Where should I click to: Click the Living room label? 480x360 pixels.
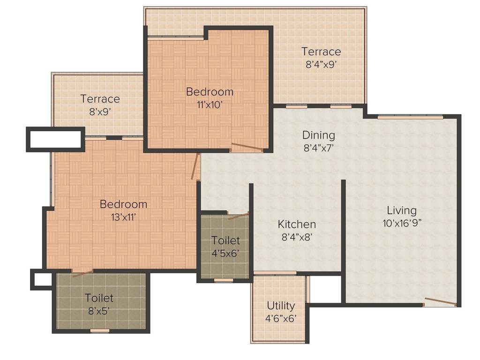[401, 210]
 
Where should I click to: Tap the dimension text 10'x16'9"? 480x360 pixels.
[402, 223]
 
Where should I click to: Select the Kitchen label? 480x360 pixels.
[296, 224]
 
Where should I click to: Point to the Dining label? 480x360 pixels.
[318, 135]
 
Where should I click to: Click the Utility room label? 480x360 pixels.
[281, 306]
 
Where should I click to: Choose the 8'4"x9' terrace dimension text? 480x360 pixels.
[321, 65]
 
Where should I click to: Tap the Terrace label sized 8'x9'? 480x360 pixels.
[100, 99]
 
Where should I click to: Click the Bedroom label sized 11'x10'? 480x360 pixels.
[209, 91]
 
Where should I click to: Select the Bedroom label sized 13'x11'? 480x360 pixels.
[123, 204]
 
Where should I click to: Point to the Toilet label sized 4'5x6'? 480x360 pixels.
[225, 240]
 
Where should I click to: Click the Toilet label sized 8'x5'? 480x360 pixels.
[99, 298]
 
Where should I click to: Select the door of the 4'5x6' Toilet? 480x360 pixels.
[238, 216]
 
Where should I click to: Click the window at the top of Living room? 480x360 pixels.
[403, 117]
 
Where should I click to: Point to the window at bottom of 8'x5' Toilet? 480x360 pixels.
[99, 331]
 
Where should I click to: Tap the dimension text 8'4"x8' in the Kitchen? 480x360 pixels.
[297, 237]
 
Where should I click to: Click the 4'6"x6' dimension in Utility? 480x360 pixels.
[281, 319]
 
